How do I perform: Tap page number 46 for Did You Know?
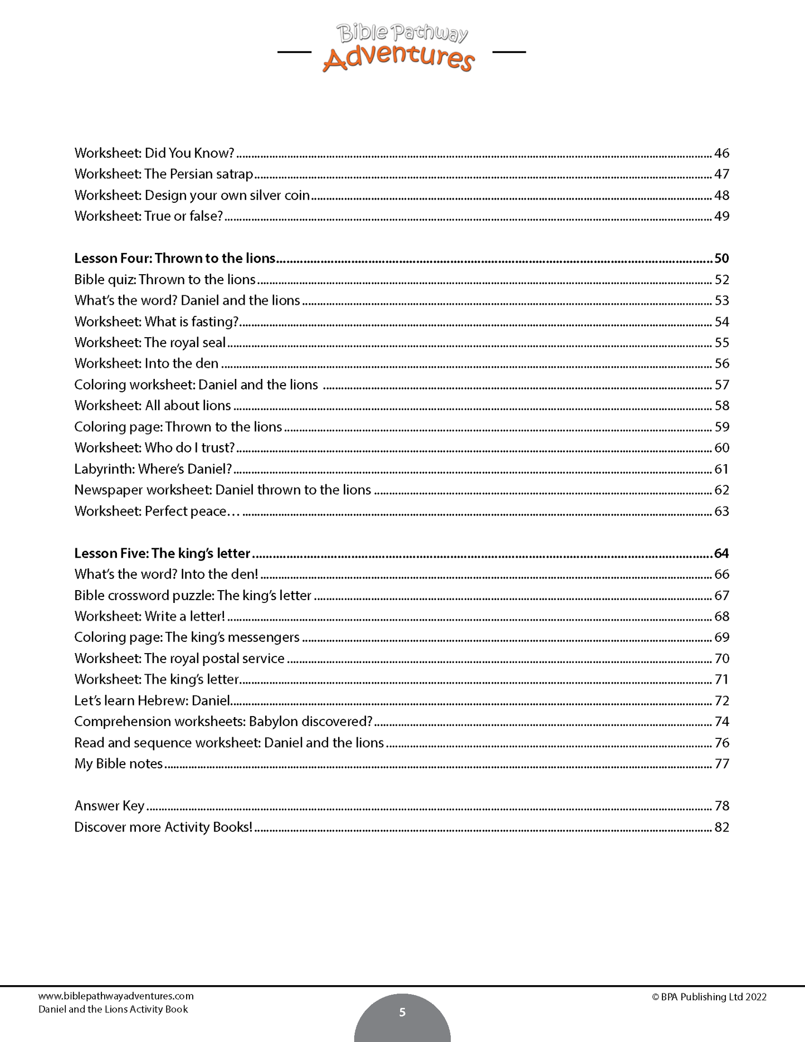[721, 153]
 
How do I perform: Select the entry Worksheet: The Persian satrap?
[164, 174]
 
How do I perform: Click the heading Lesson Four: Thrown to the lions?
[175, 258]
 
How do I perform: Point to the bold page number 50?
[721, 258]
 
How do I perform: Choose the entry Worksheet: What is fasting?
[157, 322]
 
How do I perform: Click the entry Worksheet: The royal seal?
[150, 343]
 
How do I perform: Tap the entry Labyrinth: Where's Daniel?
[153, 469]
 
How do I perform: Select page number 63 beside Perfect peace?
[721, 512]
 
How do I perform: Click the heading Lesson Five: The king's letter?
[162, 553]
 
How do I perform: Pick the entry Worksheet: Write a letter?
[149, 616]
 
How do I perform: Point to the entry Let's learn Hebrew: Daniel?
[152, 700]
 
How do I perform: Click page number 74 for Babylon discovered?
[721, 722]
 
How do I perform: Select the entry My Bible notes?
[119, 763]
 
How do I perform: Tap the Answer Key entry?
[109, 806]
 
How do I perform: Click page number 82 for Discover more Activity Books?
[721, 827]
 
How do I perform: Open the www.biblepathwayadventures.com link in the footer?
[116, 996]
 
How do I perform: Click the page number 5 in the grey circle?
[402, 1012]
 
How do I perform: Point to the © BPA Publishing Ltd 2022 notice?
[709, 997]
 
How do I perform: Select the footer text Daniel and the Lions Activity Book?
[113, 1009]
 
